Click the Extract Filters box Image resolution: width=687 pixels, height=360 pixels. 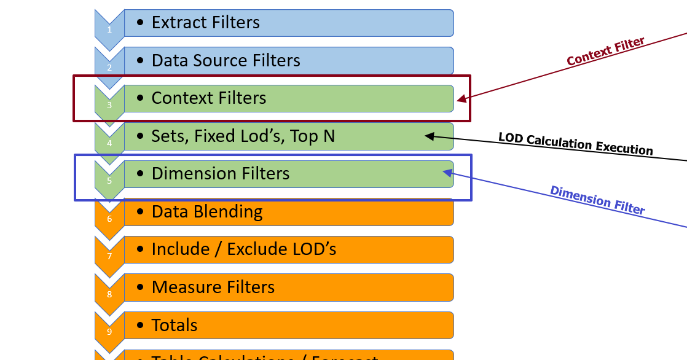289,23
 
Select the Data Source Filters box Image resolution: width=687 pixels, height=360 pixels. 289,61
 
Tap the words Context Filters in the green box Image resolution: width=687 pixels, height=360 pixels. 209,98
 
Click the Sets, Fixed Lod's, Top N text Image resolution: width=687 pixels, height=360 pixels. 243,136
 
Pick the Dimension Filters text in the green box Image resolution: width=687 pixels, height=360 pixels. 221,174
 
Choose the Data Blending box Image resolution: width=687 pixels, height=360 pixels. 289,212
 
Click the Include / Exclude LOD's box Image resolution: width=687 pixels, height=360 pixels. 289,249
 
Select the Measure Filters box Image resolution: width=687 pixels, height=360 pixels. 289,288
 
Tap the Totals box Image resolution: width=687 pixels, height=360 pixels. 289,325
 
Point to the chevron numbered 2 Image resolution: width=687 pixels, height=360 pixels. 109,67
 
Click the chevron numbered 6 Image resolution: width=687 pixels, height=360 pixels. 109,218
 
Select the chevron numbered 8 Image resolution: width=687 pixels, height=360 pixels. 109,294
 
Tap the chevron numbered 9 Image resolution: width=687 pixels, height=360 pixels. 109,332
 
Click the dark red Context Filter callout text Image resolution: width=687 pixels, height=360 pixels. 605,52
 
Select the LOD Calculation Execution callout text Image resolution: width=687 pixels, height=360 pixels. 575,143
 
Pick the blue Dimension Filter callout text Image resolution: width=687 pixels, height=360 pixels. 597,200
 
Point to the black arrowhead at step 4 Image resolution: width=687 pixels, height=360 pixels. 430,136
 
